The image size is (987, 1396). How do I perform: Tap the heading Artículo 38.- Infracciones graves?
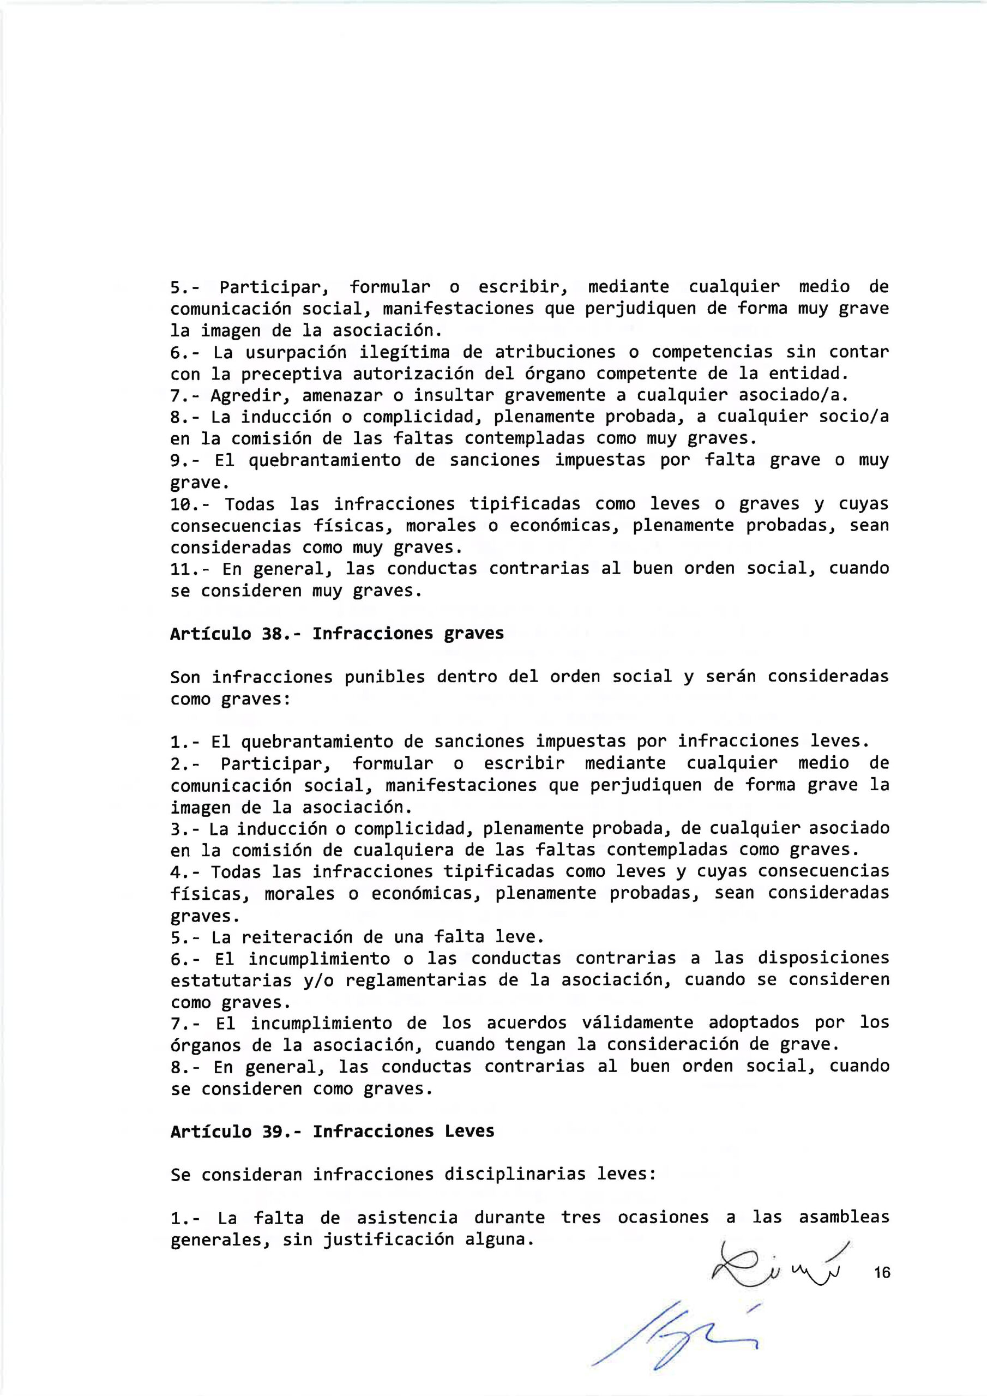click(x=337, y=634)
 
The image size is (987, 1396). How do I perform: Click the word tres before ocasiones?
click(x=581, y=1218)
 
